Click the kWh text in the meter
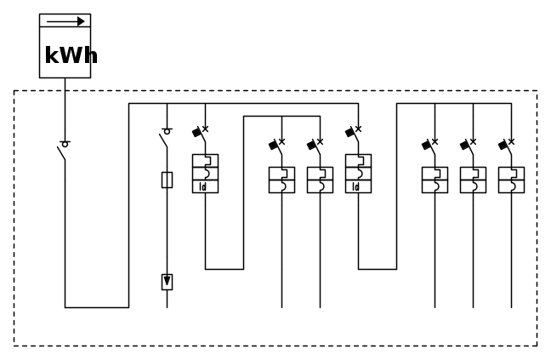(x=70, y=56)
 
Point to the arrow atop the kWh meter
(x=65, y=22)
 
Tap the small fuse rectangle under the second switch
(x=167, y=179)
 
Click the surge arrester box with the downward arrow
(x=167, y=282)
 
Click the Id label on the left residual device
(x=203, y=186)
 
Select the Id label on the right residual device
(x=356, y=186)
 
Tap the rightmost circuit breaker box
(x=511, y=180)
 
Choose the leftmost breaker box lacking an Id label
(x=281, y=180)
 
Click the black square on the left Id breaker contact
(x=197, y=132)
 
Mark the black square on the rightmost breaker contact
(x=503, y=145)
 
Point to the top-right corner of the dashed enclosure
(x=537, y=90)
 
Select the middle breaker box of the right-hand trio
(x=473, y=180)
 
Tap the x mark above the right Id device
(x=358, y=129)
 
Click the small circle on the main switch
(x=65, y=144)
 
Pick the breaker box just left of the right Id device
(x=320, y=180)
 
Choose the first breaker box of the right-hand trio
(x=435, y=180)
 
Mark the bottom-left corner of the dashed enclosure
(x=14, y=345)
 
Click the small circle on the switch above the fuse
(x=167, y=131)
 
